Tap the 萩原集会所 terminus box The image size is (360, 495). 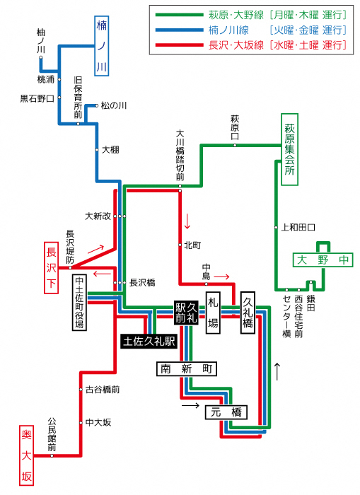[x=289, y=149]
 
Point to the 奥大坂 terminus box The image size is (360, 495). [x=27, y=455]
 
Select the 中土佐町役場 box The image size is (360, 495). [x=80, y=303]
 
